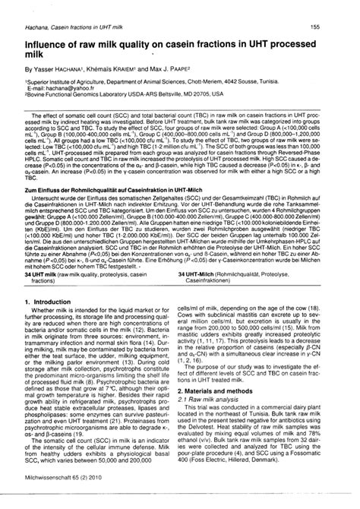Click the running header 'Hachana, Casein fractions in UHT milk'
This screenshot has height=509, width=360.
[66, 27]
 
